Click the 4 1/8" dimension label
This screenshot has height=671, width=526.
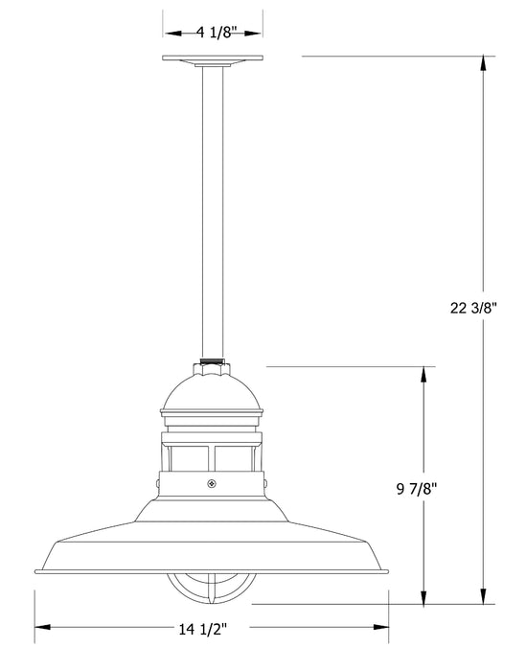(213, 33)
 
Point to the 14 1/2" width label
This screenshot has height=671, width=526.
(213, 632)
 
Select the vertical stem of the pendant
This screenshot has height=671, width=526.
(213, 211)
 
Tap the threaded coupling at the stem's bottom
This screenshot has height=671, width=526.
(213, 364)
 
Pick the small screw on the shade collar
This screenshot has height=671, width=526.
(213, 484)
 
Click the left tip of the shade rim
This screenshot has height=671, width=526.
(35, 571)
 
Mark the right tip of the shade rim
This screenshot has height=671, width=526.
(389, 571)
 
